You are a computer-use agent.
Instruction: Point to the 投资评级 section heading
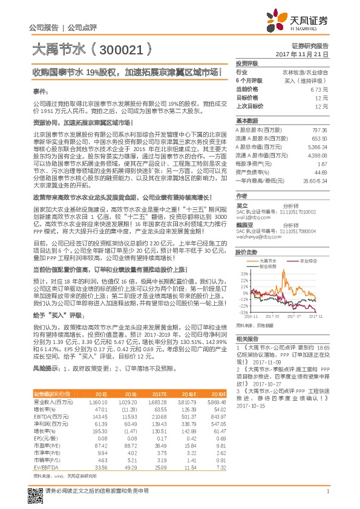click(x=247, y=63)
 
